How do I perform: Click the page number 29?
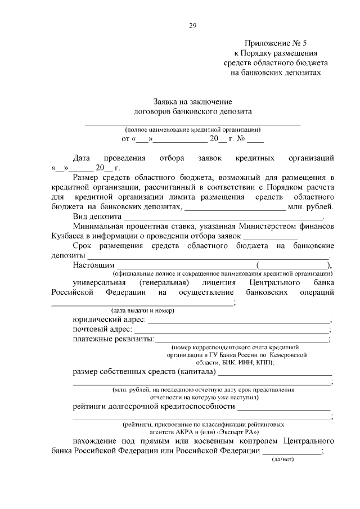pyautogui.click(x=192, y=25)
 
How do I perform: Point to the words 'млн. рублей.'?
pyautogui.click(x=311, y=206)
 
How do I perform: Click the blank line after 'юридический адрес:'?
pyautogui.click(x=238, y=320)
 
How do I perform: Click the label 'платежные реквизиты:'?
pyautogui.click(x=113, y=339)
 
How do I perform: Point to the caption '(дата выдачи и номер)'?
pyautogui.click(x=142, y=310)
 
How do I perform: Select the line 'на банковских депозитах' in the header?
pyautogui.click(x=276, y=73)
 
